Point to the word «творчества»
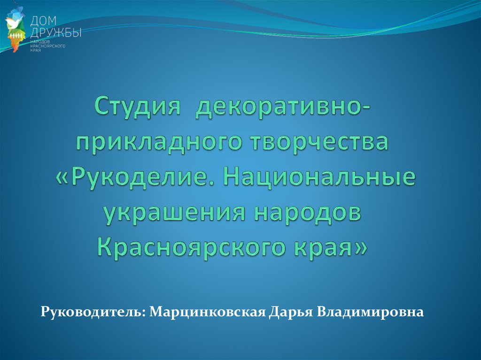tap(319, 142)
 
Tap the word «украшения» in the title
tap(174, 214)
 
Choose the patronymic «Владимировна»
tap(370, 312)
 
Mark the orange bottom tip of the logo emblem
tap(14, 52)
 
